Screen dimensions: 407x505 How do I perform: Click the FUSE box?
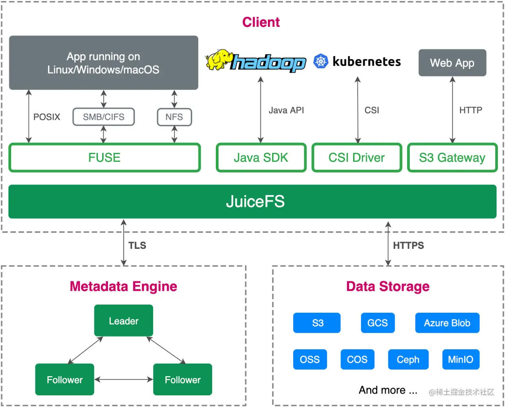[x=104, y=158]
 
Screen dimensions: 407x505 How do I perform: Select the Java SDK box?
[x=261, y=158]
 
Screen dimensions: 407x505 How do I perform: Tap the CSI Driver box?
[x=356, y=158]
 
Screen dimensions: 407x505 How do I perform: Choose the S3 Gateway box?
[x=452, y=158]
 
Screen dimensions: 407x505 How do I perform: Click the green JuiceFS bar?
[x=253, y=202]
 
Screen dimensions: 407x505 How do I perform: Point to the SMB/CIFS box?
[x=103, y=117]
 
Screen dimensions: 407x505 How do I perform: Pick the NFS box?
[x=174, y=117]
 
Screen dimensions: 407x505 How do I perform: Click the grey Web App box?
[x=452, y=63]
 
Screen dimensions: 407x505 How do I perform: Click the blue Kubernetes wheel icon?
[x=321, y=61]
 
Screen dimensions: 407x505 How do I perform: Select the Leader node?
[x=123, y=321]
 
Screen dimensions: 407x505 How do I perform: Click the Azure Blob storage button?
[x=447, y=323]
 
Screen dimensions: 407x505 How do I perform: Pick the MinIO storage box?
[x=460, y=359]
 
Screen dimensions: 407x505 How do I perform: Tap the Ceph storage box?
[x=408, y=359]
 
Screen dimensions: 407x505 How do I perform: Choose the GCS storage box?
[x=378, y=323]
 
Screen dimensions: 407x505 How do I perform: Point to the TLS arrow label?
[x=137, y=246]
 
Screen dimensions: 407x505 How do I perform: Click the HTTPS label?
[x=408, y=246]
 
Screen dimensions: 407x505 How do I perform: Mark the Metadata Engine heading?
[x=123, y=286]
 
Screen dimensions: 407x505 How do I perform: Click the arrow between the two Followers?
[x=123, y=379]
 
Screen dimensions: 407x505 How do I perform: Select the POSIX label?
[x=46, y=117]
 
